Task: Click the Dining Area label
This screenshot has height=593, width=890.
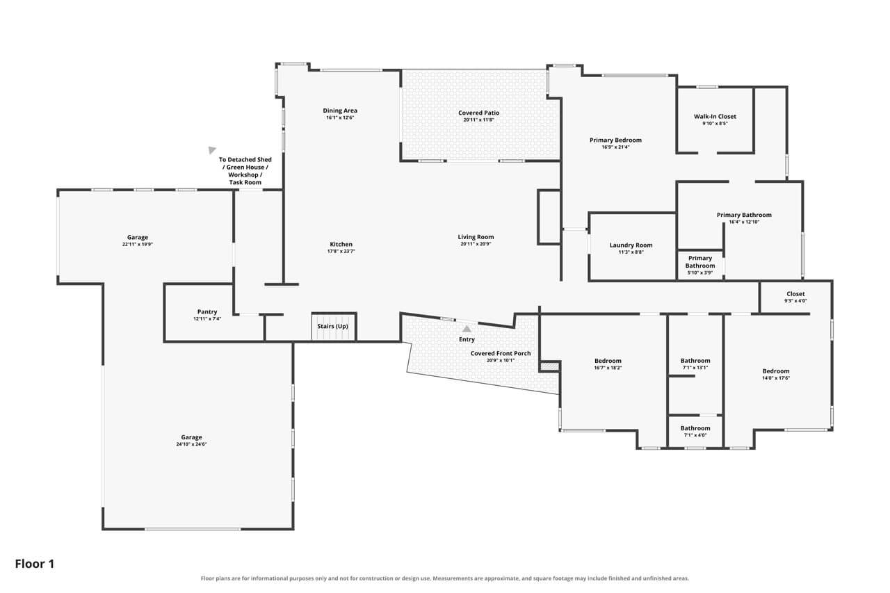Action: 340,111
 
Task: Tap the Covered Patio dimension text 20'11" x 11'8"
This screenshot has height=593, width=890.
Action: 478,120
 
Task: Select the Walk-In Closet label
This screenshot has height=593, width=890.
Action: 715,116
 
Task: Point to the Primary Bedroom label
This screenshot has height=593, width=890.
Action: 615,140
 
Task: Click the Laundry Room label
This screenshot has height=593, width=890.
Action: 631,245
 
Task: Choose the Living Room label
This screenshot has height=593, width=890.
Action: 476,237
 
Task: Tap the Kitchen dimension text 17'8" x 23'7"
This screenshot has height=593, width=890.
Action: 341,251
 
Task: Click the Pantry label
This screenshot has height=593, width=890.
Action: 207,311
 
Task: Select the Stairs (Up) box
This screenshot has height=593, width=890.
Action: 333,327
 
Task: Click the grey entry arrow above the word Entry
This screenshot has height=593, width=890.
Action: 467,329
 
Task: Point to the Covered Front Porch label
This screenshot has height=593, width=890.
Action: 501,353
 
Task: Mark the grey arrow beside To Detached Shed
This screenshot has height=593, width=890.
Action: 212,149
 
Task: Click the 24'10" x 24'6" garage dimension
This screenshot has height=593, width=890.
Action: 191,444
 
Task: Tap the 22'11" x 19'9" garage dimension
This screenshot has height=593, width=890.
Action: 138,244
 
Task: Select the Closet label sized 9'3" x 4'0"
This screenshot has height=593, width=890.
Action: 795,294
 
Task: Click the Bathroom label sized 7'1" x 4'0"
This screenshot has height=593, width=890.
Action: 695,428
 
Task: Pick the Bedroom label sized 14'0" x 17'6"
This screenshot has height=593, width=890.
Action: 775,371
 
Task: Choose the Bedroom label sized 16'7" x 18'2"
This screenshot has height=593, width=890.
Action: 608,361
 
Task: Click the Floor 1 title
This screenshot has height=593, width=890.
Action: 35,564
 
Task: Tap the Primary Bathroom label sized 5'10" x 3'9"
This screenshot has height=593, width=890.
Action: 700,262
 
